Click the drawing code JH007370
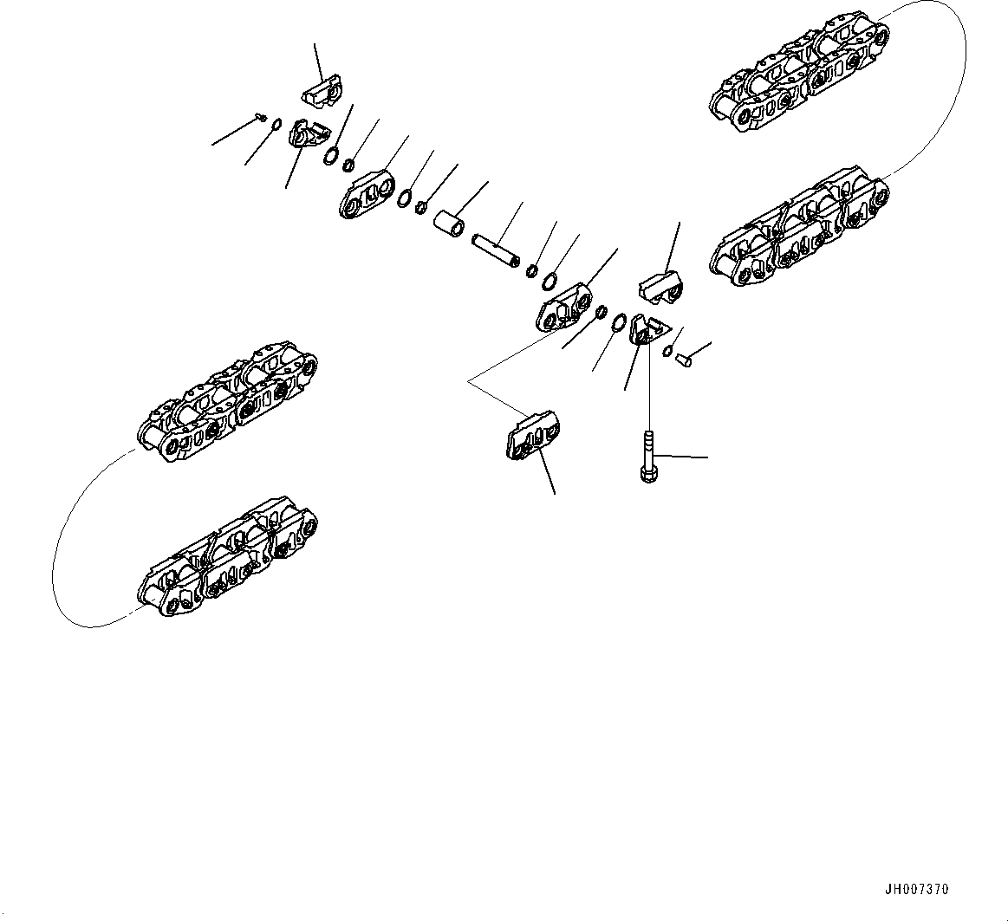pyautogui.click(x=917, y=890)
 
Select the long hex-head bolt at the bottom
pyautogui.click(x=648, y=454)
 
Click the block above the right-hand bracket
pyautogui.click(x=663, y=288)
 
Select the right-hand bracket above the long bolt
pyautogui.click(x=646, y=330)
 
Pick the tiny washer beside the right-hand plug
pyautogui.click(x=667, y=350)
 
